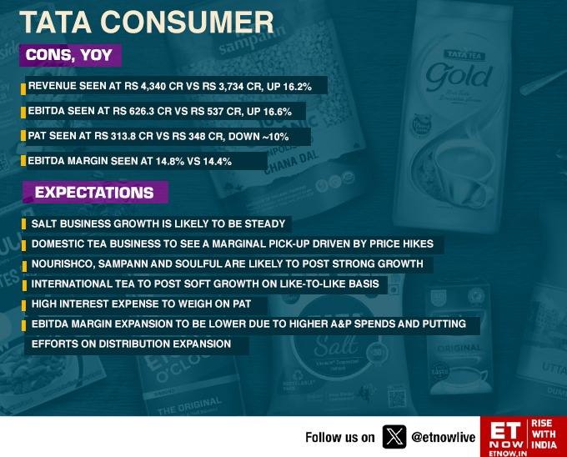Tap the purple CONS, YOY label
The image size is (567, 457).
pyautogui.click(x=70, y=55)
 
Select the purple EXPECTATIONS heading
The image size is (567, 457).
pyautogui.click(x=95, y=193)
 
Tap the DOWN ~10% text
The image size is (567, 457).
pyautogui.click(x=258, y=137)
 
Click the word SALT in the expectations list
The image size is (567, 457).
pyautogui.click(x=43, y=223)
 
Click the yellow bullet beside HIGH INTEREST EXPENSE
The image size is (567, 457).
pyautogui.click(x=24, y=305)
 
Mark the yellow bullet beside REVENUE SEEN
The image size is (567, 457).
pyautogui.click(x=23, y=89)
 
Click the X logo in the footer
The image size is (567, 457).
pyautogui.click(x=394, y=437)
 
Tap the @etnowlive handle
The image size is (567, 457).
pyautogui.click(x=444, y=438)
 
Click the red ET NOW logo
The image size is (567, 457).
pyautogui.click(x=524, y=436)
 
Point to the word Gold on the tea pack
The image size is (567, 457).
pyautogui.click(x=459, y=77)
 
